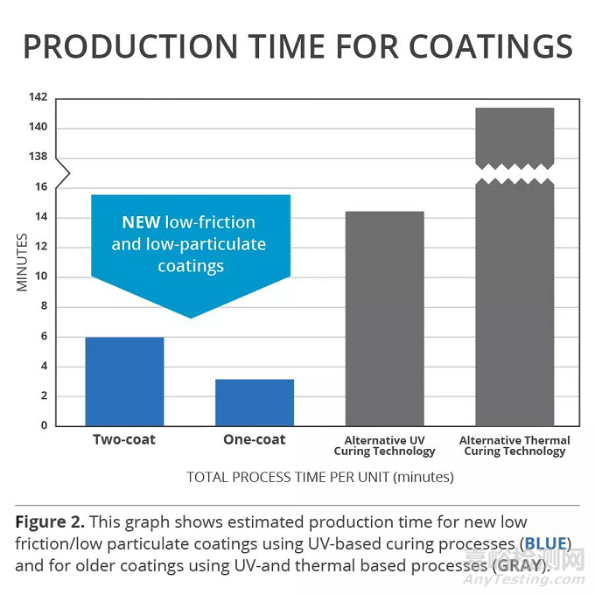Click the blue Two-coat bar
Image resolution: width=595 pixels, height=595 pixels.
(124, 381)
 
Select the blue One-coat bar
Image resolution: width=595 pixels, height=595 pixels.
(255, 402)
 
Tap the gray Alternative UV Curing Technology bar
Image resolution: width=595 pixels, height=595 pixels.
(384, 318)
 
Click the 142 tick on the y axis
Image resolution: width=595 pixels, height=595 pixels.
(38, 97)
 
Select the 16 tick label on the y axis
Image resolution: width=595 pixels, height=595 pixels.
(41, 186)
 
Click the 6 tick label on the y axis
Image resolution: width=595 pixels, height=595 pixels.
(44, 337)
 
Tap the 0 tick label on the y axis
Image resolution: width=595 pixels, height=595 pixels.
(44, 426)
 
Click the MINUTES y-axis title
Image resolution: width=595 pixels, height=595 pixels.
(24, 262)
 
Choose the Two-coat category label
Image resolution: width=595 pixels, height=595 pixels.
(124, 439)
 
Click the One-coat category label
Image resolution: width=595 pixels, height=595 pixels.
(255, 439)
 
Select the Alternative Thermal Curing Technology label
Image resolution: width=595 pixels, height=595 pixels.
(514, 445)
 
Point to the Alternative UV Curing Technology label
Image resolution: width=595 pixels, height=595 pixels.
(384, 445)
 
